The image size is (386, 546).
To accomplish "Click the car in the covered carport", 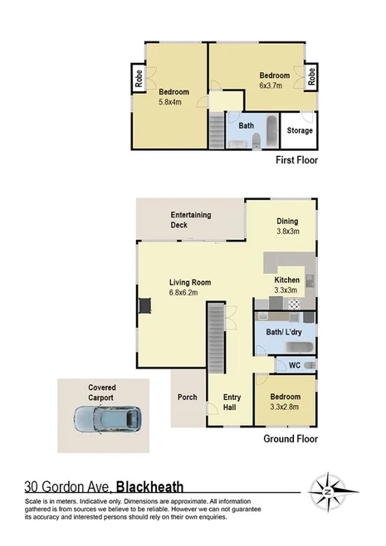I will pos(111,418).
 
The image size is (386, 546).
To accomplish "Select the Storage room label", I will pos(300,130).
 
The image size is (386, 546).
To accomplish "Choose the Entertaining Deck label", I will pos(191,220).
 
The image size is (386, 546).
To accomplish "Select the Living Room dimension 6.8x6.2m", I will pos(190,293).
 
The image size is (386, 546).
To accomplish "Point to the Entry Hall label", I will pos(232,402).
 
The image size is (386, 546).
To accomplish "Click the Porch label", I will pos(188,397).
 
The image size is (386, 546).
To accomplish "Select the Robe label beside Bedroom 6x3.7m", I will pos(312,76).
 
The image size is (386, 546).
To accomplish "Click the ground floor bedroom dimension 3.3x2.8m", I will pos(286,407).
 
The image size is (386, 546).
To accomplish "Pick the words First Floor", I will pos(296,160).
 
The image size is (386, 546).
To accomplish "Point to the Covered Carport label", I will pos(102,392).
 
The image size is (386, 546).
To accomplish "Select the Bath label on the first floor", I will pos(247,126).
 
